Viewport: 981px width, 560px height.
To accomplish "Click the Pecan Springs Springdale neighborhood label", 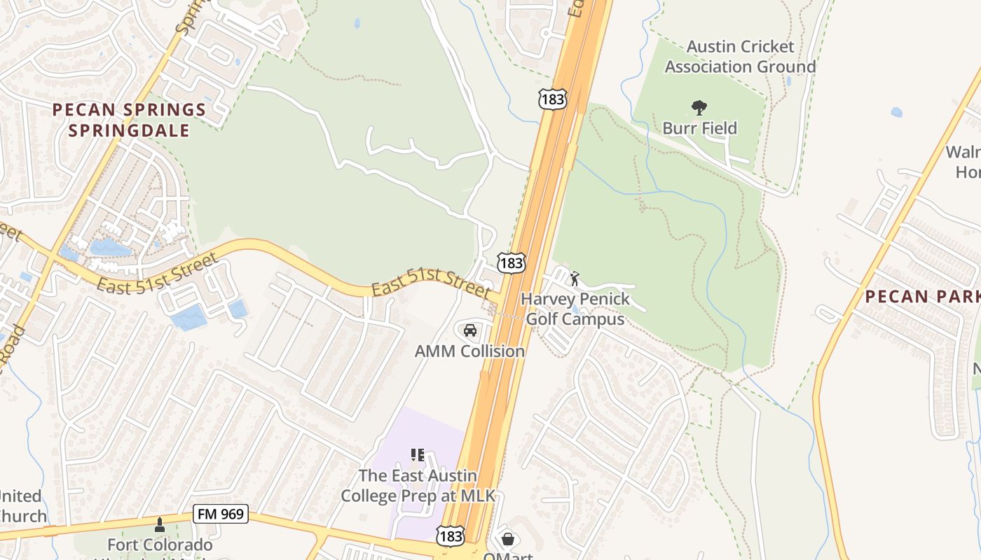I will [x=129, y=120].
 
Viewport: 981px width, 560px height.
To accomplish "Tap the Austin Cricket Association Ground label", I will [x=740, y=57].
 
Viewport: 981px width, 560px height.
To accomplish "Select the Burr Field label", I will [x=699, y=128].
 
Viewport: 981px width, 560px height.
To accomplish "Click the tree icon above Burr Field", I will [x=699, y=108].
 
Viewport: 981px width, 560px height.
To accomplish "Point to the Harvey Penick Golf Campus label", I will [x=575, y=309].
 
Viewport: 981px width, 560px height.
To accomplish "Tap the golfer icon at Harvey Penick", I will [x=575, y=279].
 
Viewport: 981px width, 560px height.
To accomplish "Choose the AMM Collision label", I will [x=469, y=351].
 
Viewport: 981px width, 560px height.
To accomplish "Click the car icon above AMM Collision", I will [x=469, y=330].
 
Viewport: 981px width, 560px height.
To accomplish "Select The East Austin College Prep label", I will [x=418, y=486].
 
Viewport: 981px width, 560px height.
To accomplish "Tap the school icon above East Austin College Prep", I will [x=418, y=455].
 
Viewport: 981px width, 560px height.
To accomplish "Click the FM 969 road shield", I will [x=221, y=514].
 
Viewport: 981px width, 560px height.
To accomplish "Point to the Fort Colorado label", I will [x=160, y=545].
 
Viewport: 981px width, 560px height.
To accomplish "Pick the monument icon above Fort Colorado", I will [x=160, y=524].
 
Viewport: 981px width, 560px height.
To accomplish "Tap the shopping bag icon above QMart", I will [x=508, y=539].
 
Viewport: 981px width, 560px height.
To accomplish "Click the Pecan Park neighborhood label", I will [x=922, y=296].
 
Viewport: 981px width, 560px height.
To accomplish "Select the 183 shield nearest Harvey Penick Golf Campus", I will [x=511, y=262].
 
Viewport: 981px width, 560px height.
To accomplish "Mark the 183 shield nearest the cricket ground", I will [x=552, y=99].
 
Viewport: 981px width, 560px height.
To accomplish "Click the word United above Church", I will [x=20, y=496].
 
